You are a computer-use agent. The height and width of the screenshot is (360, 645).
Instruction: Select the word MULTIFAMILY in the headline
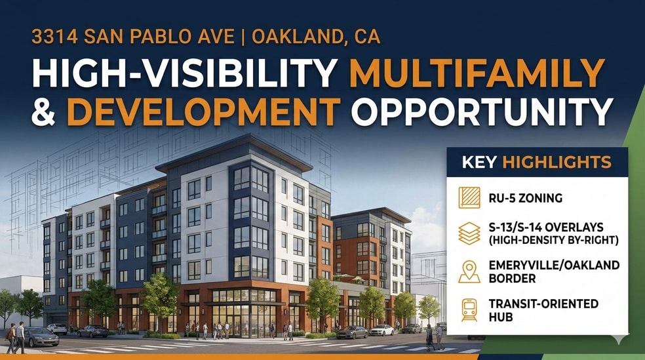(x=477, y=73)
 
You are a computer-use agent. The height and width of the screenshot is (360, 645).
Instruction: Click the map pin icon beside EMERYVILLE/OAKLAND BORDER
(x=469, y=271)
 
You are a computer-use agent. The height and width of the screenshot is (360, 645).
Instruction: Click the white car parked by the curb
(x=381, y=330)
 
